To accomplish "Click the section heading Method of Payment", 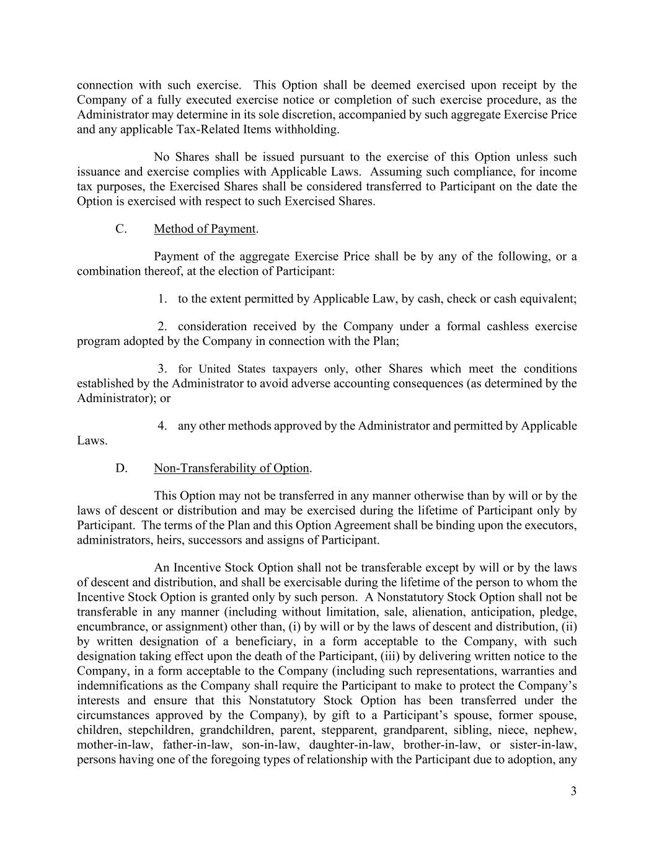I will pyautogui.click(x=205, y=229).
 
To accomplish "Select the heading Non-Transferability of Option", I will pyautogui.click(x=231, y=468).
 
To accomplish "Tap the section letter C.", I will pyautogui.click(x=121, y=229).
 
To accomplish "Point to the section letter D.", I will pyautogui.click(x=121, y=468).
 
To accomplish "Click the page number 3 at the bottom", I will pyautogui.click(x=573, y=791).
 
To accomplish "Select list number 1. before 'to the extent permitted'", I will pyautogui.click(x=162, y=299).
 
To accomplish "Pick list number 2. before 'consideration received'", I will pyautogui.click(x=162, y=327).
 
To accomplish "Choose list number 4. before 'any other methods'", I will pyautogui.click(x=162, y=426).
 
